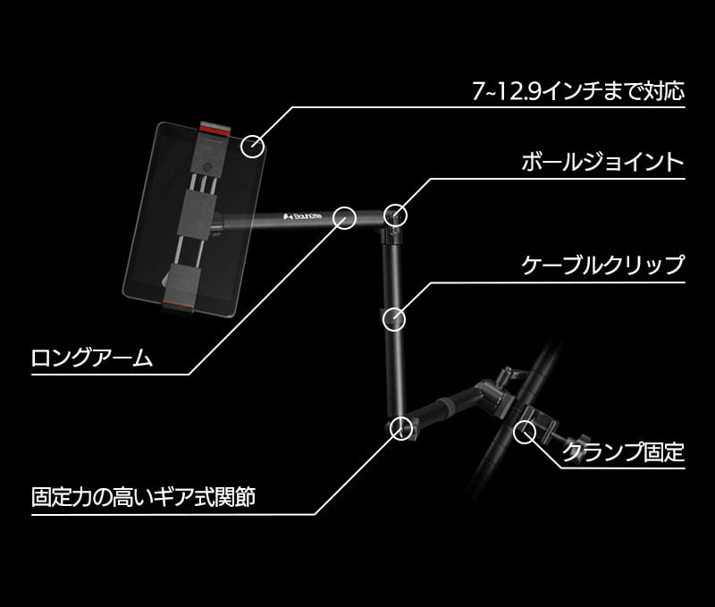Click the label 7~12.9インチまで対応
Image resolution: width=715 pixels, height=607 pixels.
[577, 91]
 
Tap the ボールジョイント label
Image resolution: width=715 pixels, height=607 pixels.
[601, 163]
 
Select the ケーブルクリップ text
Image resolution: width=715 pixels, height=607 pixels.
[601, 265]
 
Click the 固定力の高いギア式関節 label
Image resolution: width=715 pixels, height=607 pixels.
[144, 497]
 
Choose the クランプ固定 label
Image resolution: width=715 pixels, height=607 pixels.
[623, 451]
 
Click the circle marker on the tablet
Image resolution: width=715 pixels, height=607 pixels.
[253, 144]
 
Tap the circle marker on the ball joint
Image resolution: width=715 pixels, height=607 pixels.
[395, 215]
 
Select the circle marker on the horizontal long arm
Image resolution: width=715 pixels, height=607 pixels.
[346, 216]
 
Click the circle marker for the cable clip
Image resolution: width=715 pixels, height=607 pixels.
[393, 318]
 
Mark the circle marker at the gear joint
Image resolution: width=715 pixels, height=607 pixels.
[401, 426]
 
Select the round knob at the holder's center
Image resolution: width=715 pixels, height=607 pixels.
[208, 167]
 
